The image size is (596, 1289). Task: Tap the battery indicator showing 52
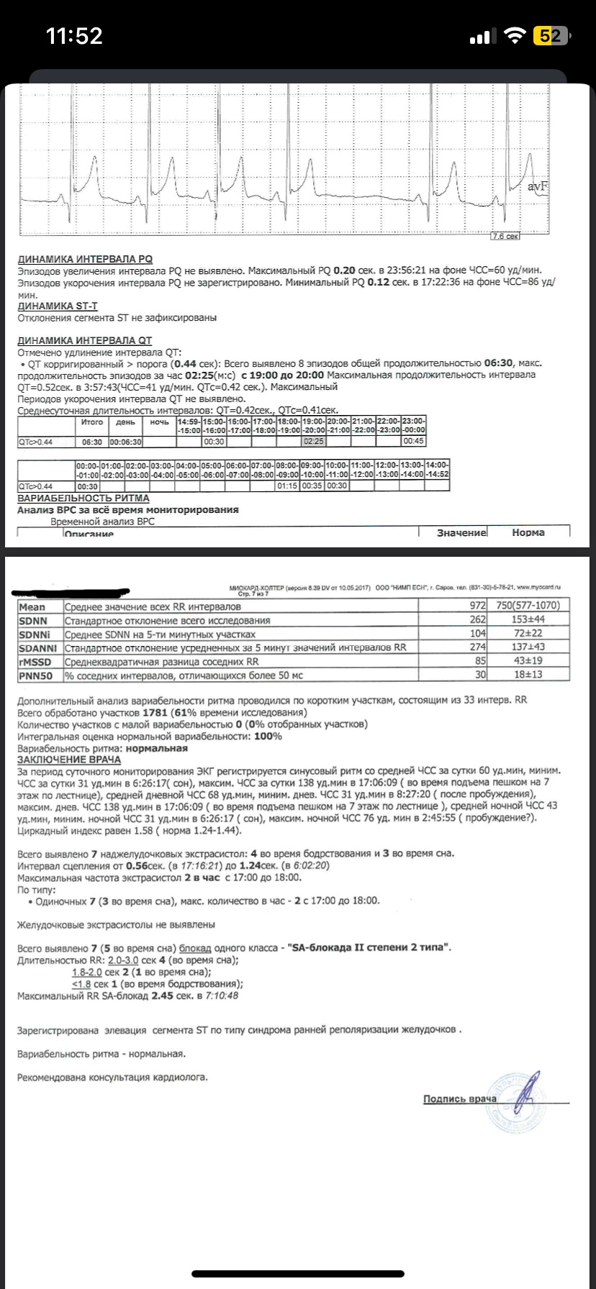click(552, 36)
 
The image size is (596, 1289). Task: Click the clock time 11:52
click(74, 36)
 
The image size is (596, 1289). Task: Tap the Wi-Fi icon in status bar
click(515, 36)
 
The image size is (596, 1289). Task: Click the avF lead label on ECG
click(538, 186)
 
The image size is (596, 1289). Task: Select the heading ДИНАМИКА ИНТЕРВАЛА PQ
click(84, 259)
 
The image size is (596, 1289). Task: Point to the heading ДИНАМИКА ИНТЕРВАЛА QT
click(84, 340)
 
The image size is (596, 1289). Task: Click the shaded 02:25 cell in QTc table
click(314, 442)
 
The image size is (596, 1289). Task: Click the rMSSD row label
click(35, 660)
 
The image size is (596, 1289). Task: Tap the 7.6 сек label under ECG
click(505, 236)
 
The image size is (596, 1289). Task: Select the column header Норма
click(528, 532)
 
